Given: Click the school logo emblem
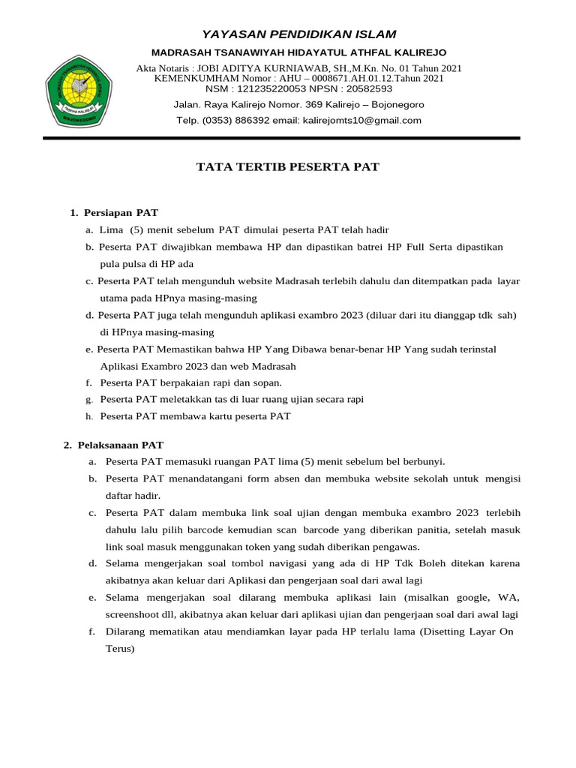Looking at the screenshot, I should click(x=79, y=90).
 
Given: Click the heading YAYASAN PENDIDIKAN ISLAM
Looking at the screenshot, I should click(x=298, y=34).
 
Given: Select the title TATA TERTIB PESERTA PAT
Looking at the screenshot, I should click(x=287, y=167).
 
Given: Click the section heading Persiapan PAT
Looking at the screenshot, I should click(x=121, y=213).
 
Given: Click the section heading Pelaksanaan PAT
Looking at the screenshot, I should click(x=120, y=445).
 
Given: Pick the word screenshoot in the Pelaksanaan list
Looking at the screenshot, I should click(x=136, y=614).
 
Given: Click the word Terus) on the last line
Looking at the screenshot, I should click(x=119, y=649).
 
